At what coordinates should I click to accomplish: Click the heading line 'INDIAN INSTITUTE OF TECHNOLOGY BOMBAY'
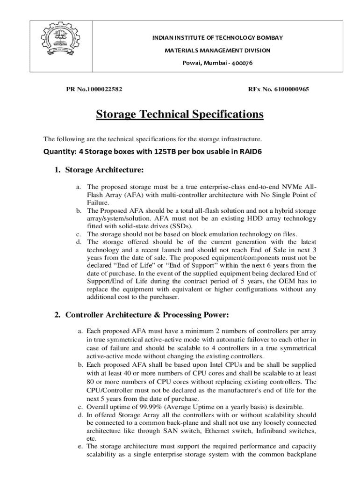point(217,37)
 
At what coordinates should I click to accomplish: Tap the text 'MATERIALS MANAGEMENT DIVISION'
point(217,50)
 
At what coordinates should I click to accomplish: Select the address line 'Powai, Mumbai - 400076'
point(217,63)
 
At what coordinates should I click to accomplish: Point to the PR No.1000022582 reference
point(93,89)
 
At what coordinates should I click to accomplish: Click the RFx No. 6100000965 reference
point(278,89)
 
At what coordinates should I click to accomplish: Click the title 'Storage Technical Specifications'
point(180,115)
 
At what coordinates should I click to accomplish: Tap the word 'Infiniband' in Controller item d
point(273,431)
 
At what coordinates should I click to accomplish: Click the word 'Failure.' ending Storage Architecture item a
point(97,203)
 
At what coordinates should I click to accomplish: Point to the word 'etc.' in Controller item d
point(92,439)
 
